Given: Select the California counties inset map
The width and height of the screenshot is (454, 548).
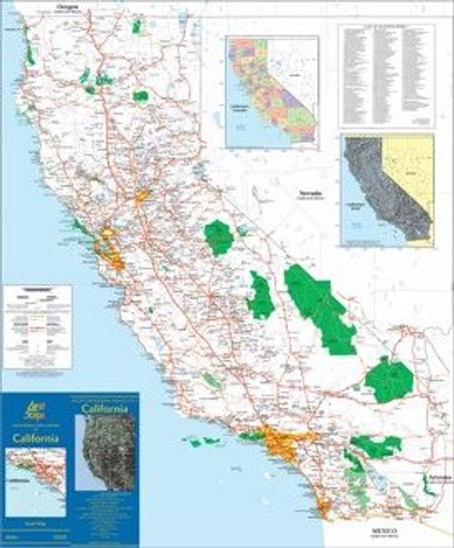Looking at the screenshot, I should point(271,92).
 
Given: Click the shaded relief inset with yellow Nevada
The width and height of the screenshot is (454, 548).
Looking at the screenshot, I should point(387,191).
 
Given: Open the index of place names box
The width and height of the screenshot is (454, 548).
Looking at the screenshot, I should point(385,73).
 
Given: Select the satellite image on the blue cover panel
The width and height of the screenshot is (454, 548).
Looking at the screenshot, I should point(107,452).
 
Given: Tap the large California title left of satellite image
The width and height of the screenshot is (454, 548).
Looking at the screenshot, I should point(36,439).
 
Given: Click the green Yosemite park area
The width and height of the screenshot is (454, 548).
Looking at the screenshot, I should point(219,237).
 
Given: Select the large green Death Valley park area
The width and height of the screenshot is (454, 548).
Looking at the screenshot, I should point(319,307).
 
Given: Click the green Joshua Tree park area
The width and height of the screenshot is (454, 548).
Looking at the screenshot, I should point(375,445).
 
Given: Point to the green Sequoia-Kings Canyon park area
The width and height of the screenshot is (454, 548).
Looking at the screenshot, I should point(262,296).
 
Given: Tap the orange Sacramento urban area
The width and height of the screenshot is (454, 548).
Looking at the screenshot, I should point(142,195).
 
